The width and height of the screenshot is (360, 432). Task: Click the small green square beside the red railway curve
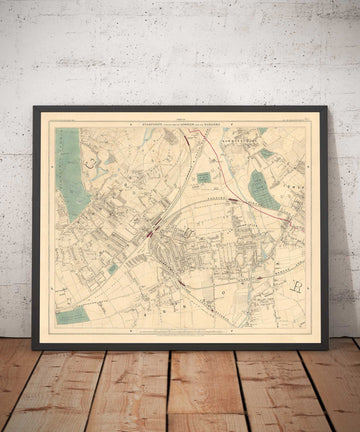tap(205, 177)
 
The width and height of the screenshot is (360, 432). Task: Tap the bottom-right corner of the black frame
tap(330, 348)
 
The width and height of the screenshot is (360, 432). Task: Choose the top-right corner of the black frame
tap(329, 107)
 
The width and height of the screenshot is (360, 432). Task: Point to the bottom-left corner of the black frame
tap(33, 348)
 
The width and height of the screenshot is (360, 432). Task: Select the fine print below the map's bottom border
tap(180, 335)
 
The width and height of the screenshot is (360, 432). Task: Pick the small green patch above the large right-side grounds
tap(266, 153)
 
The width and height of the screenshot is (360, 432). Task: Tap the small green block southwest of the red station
tap(112, 268)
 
